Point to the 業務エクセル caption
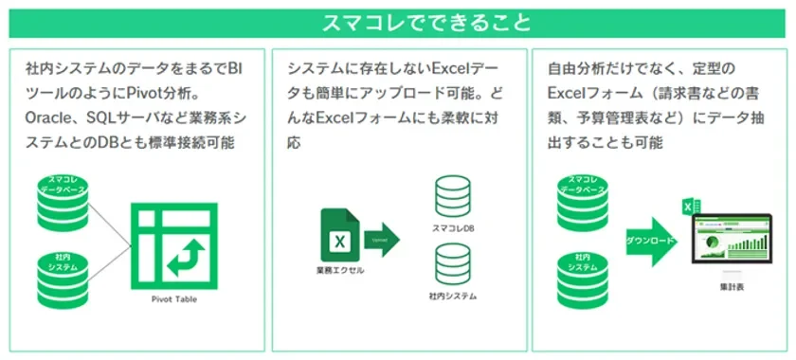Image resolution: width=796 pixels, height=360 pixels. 338,271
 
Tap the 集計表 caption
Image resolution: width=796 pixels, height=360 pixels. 733,286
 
